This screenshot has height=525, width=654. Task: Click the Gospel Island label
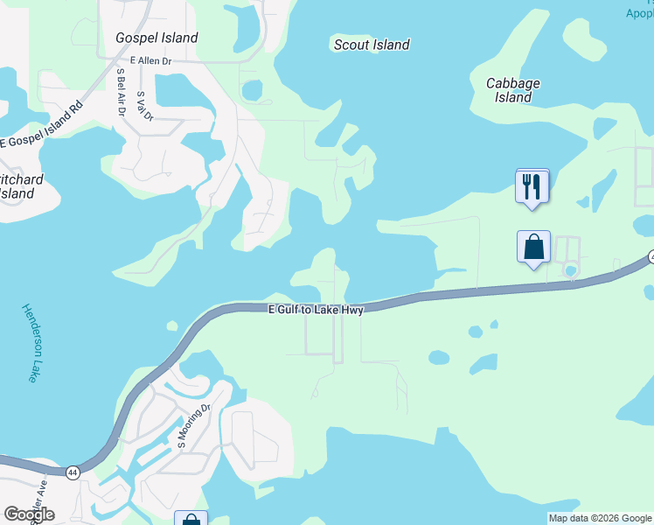coord(157,38)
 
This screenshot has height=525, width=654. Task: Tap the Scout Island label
coord(372,45)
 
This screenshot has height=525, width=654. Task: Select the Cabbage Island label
coord(512,90)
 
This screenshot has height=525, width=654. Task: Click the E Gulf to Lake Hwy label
coord(315,309)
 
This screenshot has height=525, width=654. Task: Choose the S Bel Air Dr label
coord(120,92)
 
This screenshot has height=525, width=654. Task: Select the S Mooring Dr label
coord(194,425)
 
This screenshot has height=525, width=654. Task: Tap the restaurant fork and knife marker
coord(532,186)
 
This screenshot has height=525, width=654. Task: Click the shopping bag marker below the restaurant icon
coord(533,248)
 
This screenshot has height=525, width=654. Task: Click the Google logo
coord(29,514)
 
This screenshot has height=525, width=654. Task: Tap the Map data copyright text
coord(601,518)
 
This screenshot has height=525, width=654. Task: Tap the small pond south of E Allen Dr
coord(253,90)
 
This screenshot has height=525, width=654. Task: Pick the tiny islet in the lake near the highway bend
coord(172,326)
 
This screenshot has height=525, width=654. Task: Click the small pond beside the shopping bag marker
coord(571,270)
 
